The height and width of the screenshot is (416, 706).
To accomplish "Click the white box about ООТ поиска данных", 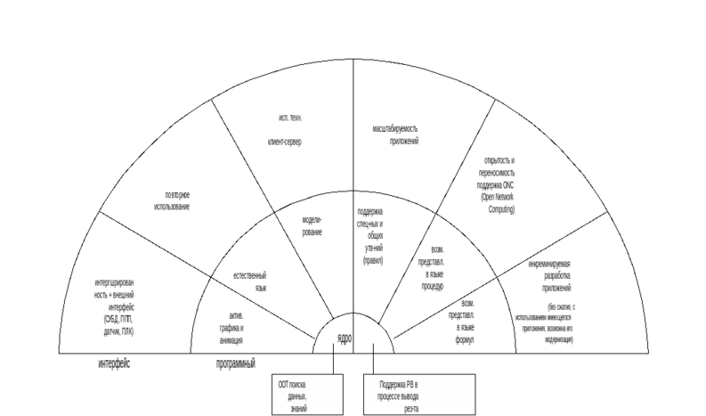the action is (307, 395).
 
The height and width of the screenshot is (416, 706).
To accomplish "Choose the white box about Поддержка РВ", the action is (419, 395).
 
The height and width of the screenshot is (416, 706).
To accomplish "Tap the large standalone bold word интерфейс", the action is (114, 363).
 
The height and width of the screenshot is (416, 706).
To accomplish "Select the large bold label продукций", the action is (236, 363).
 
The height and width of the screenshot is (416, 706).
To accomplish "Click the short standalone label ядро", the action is (345, 339).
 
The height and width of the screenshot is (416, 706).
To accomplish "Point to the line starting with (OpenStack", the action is (497, 197).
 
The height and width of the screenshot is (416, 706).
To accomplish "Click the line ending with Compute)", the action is (501, 209).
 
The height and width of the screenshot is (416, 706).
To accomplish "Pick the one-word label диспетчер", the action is (284, 142).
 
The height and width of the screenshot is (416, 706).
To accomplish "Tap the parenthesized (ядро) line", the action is (372, 261).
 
